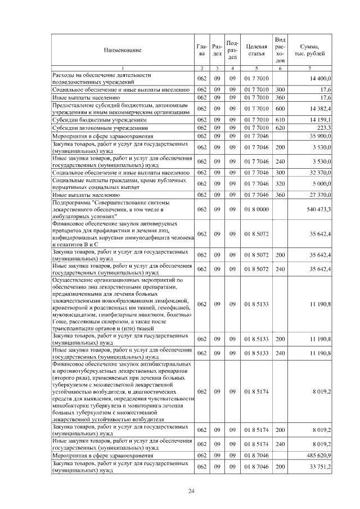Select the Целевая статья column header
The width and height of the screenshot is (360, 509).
[256, 50]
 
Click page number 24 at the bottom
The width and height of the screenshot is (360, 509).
[191, 492]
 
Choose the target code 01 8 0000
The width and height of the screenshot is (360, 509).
[256, 209]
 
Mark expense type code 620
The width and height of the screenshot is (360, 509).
[280, 128]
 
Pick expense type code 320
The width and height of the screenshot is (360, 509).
[280, 183]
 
